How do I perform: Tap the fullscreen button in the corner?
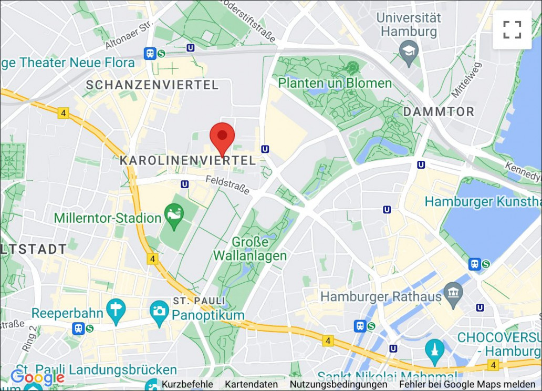tap(512, 30)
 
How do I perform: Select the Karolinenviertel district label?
tap(187, 160)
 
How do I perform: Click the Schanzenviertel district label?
tap(152, 85)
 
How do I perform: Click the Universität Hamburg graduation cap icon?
tap(408, 52)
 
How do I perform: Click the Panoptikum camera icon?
tap(159, 311)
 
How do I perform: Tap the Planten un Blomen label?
tap(335, 83)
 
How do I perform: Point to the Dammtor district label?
tap(439, 111)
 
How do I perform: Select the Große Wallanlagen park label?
tap(250, 249)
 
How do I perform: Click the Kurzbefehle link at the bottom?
tap(187, 385)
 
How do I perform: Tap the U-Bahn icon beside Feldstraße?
tap(184, 184)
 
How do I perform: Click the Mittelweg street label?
tap(461, 79)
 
